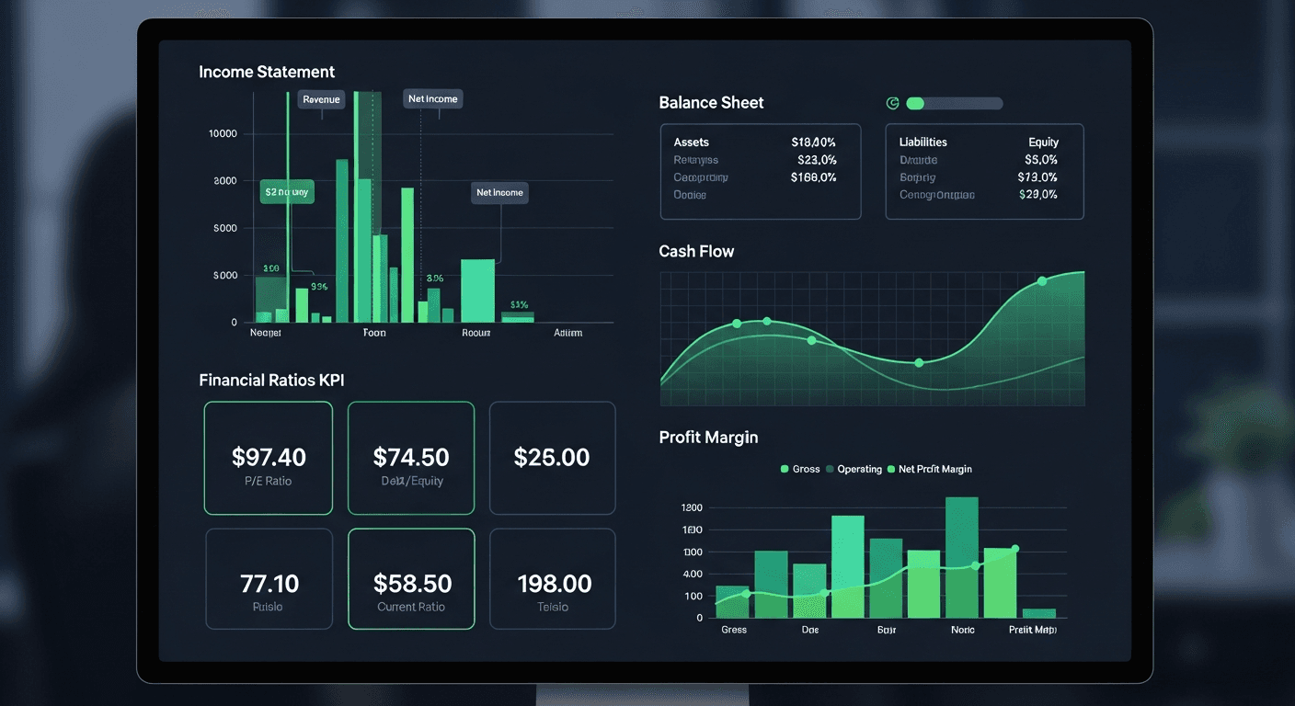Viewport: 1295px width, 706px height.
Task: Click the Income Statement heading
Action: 267,72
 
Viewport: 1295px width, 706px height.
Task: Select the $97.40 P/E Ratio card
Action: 268,458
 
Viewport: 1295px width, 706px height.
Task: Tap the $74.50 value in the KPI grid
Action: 411,457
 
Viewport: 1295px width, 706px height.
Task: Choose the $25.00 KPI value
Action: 552,457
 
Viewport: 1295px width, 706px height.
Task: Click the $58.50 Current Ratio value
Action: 411,584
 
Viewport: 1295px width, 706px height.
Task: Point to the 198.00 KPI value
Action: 554,584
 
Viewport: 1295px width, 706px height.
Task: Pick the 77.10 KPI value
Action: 269,584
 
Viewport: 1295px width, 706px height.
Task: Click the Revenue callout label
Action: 321,99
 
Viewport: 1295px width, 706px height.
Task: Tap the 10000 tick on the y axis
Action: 223,133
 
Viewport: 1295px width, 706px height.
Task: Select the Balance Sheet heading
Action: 711,103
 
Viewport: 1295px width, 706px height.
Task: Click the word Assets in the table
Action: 691,142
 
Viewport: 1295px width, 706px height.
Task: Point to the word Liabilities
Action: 923,142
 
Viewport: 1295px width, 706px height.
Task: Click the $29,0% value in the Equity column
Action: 1038,195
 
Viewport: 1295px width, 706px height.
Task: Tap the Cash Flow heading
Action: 696,252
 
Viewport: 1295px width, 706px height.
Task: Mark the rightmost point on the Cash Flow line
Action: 1042,281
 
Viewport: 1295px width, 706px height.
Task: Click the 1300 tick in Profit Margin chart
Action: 692,507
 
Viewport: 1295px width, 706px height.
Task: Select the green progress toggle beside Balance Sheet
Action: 954,104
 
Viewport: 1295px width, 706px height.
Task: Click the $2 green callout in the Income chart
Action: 287,192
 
